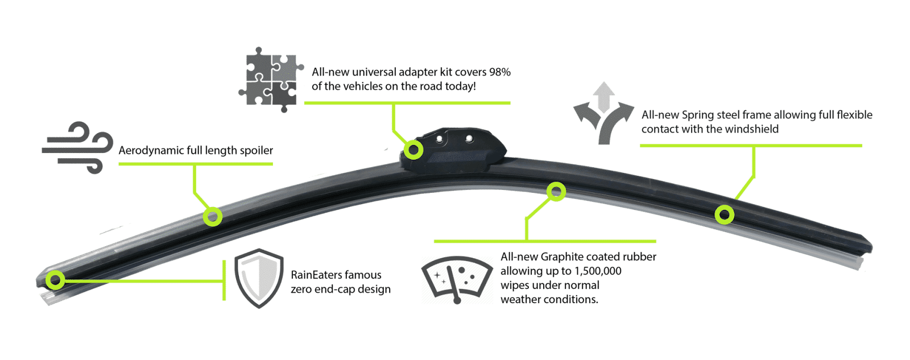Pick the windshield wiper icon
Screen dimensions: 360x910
coord(457,279)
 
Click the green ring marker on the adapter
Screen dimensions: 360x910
coord(413,150)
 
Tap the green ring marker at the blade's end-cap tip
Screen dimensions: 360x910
coord(55,279)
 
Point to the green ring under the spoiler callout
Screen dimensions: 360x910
coord(213,216)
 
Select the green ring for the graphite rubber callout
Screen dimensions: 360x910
coord(556,192)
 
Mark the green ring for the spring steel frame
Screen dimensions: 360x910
coord(724,214)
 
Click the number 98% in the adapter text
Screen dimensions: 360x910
coord(500,72)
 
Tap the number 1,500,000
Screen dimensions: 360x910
coord(598,271)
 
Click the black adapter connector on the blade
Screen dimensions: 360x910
coord(455,149)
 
